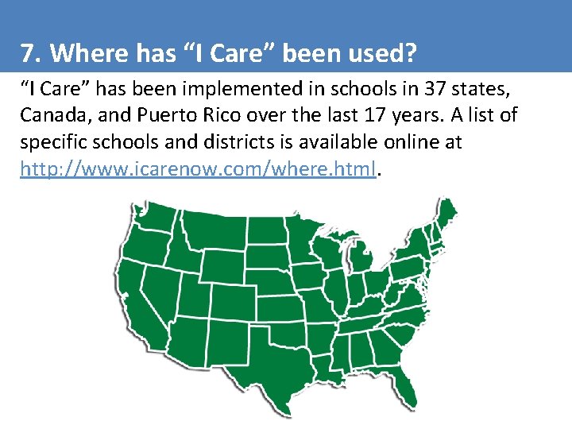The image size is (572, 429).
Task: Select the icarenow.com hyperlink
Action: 197,168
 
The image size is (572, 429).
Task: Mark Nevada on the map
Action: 169,286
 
